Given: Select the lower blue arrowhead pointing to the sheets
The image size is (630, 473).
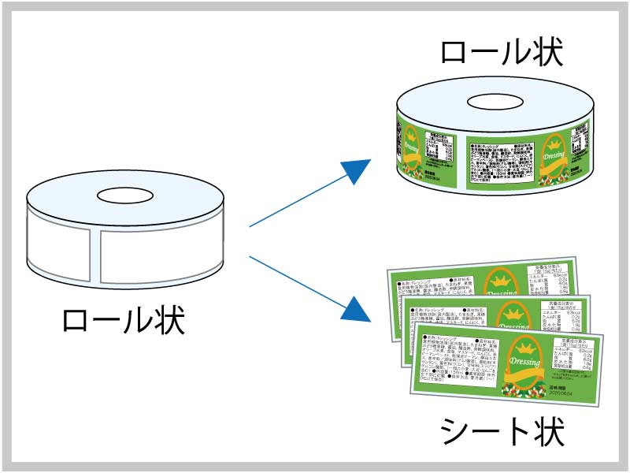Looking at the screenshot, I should click(358, 308).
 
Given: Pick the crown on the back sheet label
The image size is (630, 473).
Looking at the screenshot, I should click(499, 275).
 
